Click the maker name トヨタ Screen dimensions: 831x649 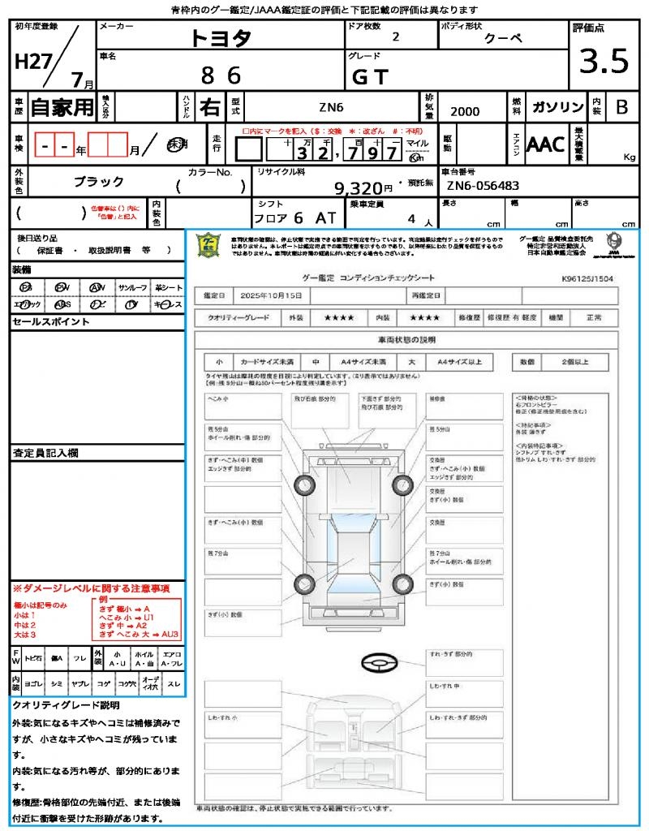coord(221,37)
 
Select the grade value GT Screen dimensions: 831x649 coord(370,77)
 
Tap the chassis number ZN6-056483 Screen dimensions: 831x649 coord(483,186)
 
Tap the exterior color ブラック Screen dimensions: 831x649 coord(99,182)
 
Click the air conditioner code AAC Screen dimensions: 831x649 coord(545,144)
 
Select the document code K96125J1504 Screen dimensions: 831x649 coord(587,278)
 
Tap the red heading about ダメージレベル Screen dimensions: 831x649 coord(91,588)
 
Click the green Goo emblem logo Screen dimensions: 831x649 coord(208,246)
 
